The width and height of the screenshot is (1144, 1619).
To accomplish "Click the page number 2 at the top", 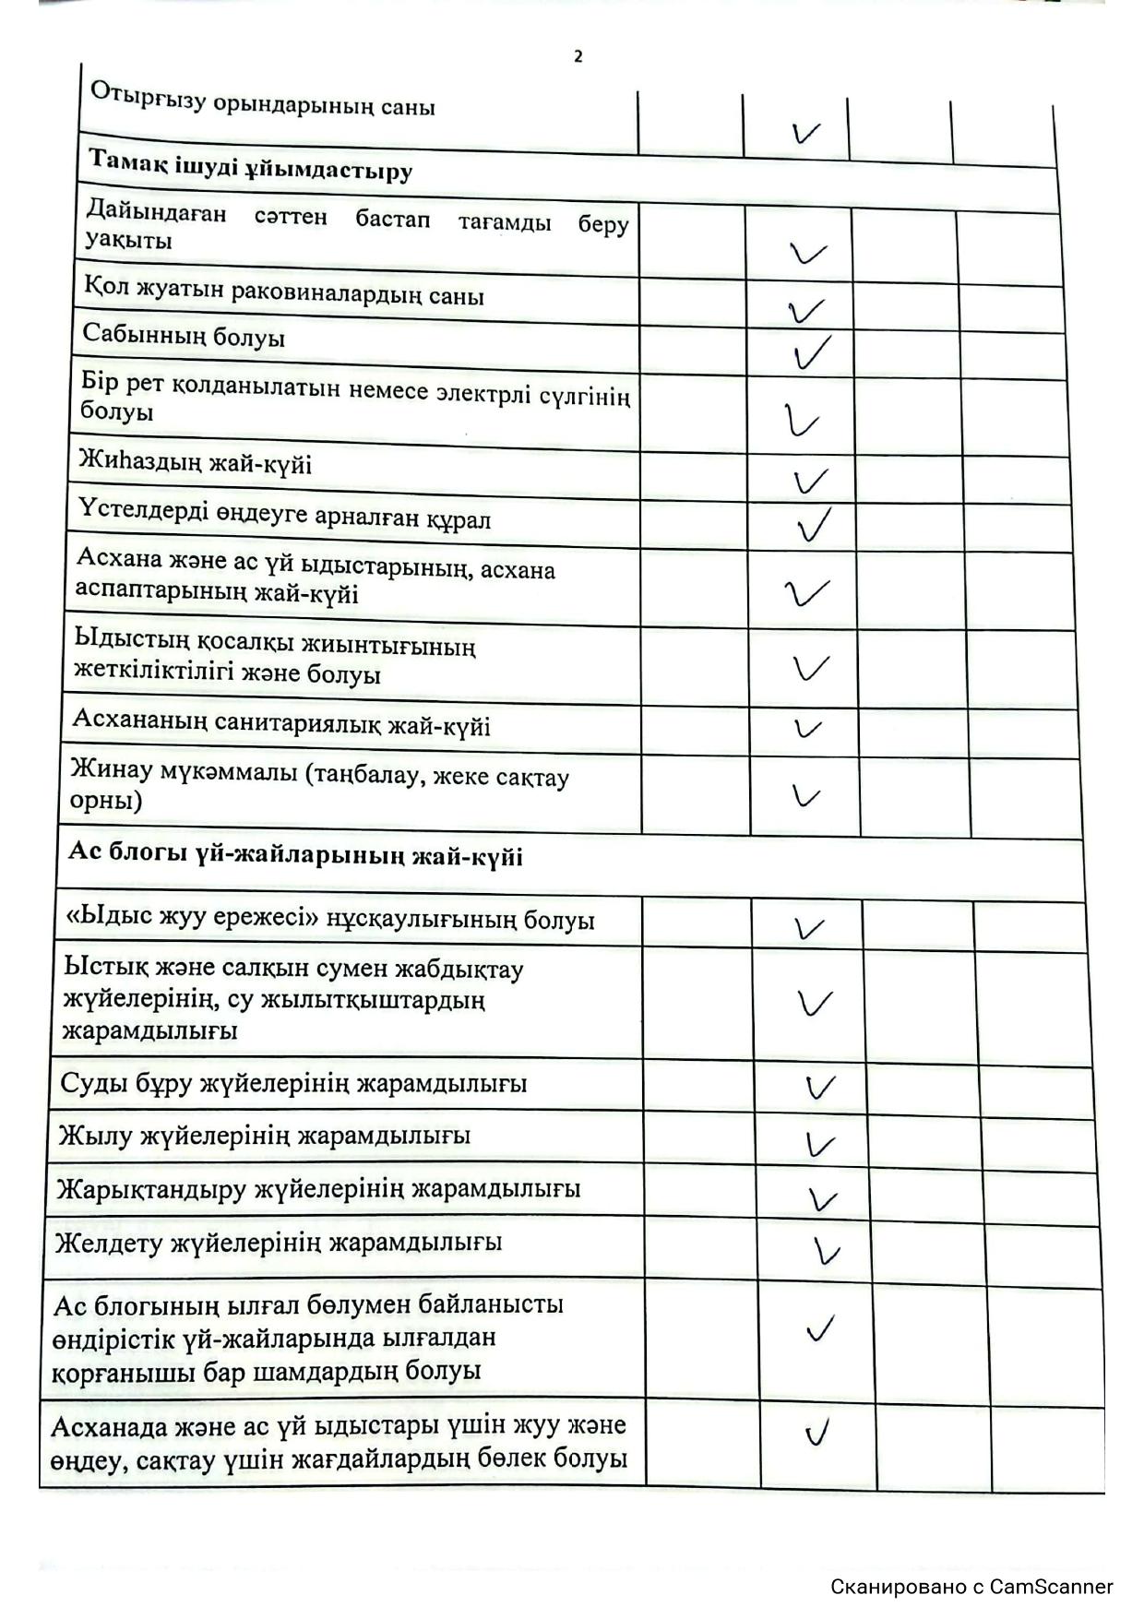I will pos(578,56).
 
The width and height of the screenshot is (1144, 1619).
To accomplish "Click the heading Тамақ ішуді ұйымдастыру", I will pos(250,164).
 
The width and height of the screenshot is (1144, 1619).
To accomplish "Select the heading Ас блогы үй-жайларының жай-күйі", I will pos(295,854).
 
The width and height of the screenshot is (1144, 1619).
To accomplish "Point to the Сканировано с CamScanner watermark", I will pos(971,1587).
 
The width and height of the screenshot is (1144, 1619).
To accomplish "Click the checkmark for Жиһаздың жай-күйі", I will pos(809,480).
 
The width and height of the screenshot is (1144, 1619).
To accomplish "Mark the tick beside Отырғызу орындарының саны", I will pos(805,134).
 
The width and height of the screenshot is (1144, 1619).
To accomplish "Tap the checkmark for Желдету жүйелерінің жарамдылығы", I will pos(828,1251).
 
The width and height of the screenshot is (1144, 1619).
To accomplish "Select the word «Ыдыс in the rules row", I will pos(101,918).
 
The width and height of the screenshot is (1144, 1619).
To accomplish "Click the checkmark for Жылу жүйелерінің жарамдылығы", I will pos(819,1144).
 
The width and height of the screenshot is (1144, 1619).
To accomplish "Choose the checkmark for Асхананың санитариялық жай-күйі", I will pos(807,729).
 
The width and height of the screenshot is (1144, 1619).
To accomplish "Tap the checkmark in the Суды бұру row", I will pos(820,1087).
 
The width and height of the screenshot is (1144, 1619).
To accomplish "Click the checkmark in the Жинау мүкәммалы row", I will pos(806,795).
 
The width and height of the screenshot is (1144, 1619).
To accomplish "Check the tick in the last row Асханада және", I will pos(817,1433).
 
